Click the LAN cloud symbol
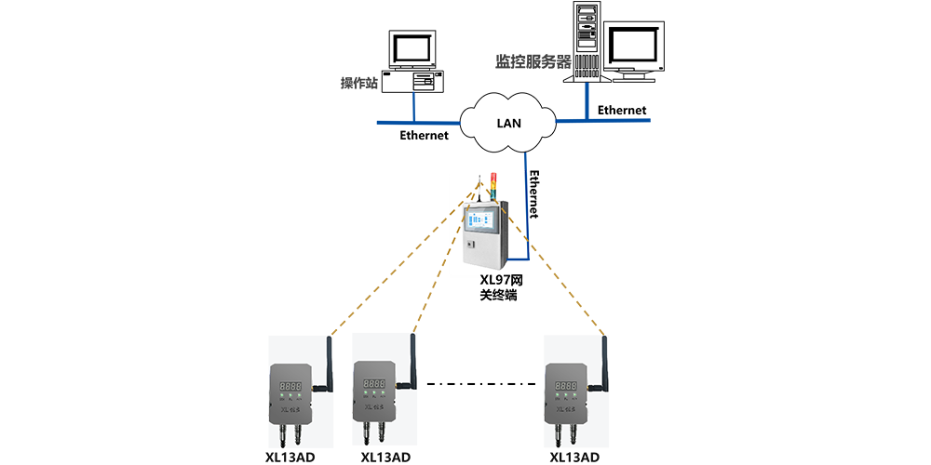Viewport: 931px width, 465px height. pos(508,122)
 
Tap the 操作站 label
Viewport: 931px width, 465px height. pos(358,84)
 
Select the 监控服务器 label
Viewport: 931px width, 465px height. pos(532,61)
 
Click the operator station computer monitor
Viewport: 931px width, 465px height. pos(411,48)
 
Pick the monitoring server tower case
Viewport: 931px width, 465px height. pos(587,44)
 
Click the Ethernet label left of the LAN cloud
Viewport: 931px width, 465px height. pos(424,136)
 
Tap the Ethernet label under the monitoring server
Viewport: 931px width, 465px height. pos(621,110)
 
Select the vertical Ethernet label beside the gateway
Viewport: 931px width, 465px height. pos(534,193)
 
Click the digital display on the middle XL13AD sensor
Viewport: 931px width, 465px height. pos(374,383)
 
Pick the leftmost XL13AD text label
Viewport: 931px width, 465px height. pos(290,457)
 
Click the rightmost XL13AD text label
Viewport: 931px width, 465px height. pos(574,457)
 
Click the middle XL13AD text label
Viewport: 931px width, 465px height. pos(385,457)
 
